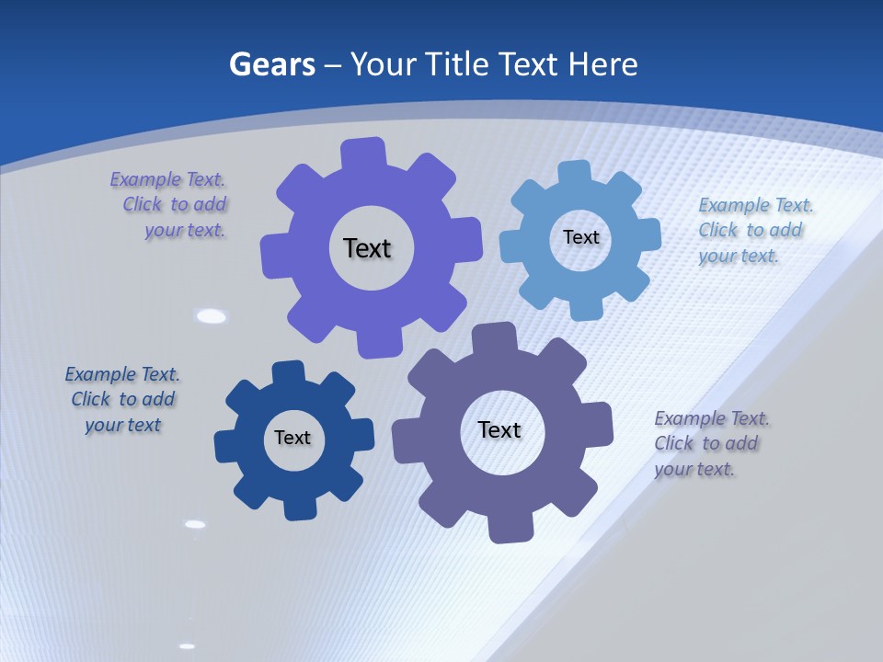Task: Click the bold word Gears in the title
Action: (x=272, y=65)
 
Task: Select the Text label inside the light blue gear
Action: (x=581, y=237)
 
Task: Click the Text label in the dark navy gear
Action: (x=292, y=438)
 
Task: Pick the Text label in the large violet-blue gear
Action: (x=367, y=248)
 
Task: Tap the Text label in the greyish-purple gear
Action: (x=499, y=429)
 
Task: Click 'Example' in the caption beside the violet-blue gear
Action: (x=145, y=179)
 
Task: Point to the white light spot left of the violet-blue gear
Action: (x=212, y=316)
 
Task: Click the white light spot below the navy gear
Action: (x=195, y=524)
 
